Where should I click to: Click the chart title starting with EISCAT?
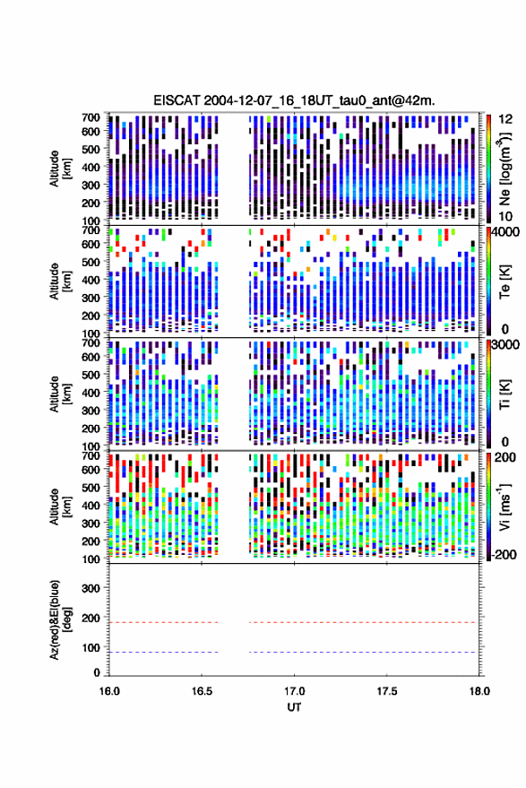click(295, 100)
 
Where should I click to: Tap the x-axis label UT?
click(294, 707)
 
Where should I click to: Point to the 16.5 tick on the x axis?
click(202, 691)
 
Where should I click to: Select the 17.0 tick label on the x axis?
click(294, 691)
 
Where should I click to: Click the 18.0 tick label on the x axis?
click(479, 691)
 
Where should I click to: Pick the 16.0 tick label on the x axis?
click(109, 691)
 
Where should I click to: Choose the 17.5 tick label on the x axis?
click(387, 691)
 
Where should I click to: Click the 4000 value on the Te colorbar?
click(505, 233)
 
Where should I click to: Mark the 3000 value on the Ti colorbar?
click(505, 345)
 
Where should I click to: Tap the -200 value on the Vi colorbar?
click(504, 555)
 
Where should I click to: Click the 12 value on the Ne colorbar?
click(506, 119)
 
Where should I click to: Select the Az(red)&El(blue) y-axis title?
click(60, 619)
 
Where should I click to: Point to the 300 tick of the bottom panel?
click(91, 588)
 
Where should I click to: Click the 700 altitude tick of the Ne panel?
click(91, 117)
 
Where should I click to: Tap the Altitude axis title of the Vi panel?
click(60, 507)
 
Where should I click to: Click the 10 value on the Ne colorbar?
click(506, 217)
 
